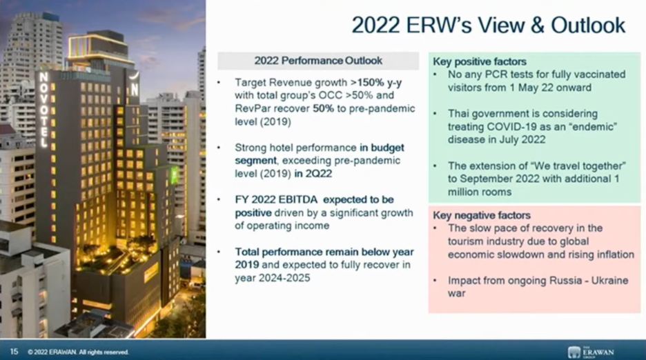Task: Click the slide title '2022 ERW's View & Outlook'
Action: click(x=488, y=26)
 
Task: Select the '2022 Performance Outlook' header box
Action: click(x=318, y=61)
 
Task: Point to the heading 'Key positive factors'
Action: click(x=480, y=62)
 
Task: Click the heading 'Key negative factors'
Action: click(x=482, y=215)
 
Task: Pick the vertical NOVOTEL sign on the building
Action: click(x=43, y=110)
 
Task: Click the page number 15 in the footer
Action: click(x=14, y=351)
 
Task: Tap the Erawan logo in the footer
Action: click(x=591, y=352)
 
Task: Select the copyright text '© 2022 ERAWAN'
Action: click(x=52, y=352)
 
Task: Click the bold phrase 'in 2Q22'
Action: click(x=313, y=174)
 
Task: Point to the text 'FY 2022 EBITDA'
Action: click(x=276, y=200)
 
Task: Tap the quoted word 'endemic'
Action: click(x=592, y=127)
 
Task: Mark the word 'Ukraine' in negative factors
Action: click(x=609, y=281)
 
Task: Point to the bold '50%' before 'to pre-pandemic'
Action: click(x=324, y=109)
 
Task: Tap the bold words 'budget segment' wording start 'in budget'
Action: click(x=320, y=154)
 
